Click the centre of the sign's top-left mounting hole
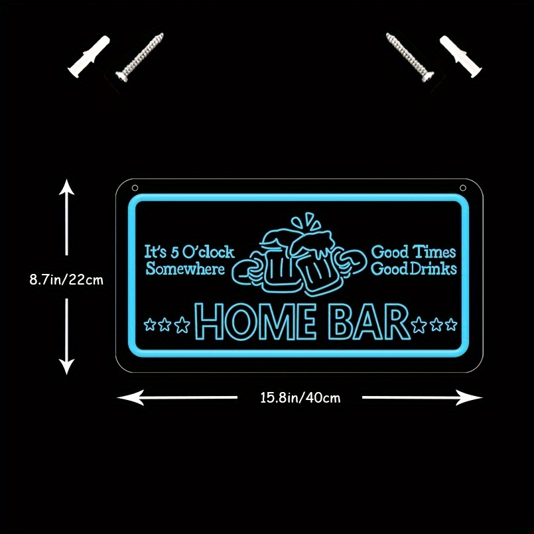135,188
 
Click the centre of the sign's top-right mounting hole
463,188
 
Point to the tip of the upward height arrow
66,180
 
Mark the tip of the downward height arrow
66,374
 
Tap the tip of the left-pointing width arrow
117,397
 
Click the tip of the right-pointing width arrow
482,397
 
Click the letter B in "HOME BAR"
342,322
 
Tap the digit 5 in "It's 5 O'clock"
174,253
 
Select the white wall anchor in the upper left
88,56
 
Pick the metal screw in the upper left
139,57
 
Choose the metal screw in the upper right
410,57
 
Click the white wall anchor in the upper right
461,56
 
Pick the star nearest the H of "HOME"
182,325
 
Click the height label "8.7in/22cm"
66,280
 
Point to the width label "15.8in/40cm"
300,397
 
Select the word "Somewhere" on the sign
185,269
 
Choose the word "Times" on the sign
434,252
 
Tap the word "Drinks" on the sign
433,269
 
